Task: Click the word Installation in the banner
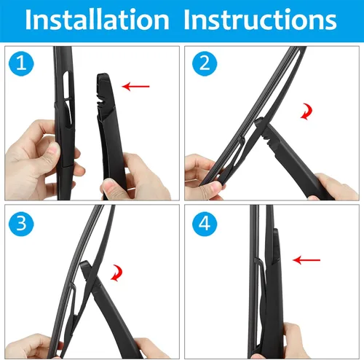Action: tap(97, 20)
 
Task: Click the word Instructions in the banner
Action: tap(260, 20)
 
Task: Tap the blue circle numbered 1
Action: tap(21, 63)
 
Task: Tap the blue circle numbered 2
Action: tap(205, 63)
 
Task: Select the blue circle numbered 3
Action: tap(21, 224)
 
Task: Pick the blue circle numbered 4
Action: tap(205, 224)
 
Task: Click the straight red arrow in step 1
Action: tap(136, 86)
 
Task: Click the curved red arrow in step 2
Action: tap(306, 111)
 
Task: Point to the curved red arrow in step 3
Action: tap(116, 273)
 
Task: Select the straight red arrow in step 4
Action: tap(306, 260)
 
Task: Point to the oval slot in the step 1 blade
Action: tap(66, 85)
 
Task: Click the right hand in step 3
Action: tap(151, 348)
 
